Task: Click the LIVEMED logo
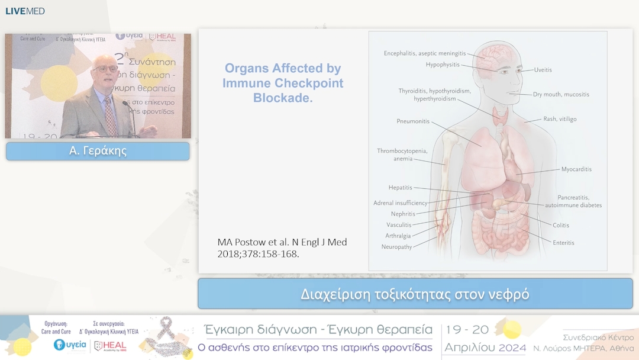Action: tap(25, 11)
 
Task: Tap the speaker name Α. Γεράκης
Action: tap(98, 151)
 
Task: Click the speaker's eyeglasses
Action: tap(106, 69)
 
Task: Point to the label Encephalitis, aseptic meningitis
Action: tap(424, 53)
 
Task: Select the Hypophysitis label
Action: tap(442, 65)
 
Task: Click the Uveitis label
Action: tap(543, 70)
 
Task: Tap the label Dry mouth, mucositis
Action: tap(561, 94)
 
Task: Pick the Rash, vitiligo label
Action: tap(560, 119)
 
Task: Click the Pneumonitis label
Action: tap(413, 121)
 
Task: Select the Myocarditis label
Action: tap(576, 169)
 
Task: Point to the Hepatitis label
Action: tap(400, 188)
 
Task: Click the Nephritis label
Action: tap(403, 214)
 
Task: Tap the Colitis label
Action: tap(561, 225)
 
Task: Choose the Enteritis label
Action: tap(563, 243)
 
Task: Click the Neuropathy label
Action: tap(396, 247)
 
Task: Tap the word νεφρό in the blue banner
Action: tap(512, 294)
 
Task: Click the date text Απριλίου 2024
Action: tap(485, 347)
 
